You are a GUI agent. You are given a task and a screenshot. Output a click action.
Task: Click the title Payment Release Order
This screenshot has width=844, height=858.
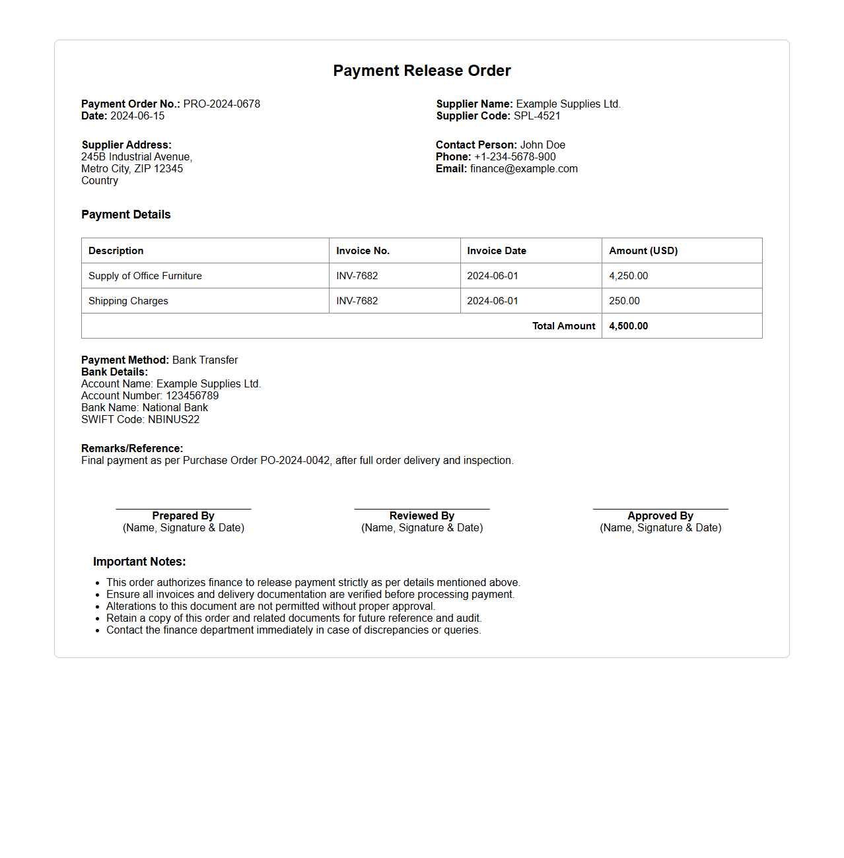coord(421,71)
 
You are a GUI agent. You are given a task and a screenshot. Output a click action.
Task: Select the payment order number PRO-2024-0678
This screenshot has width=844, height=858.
coord(221,104)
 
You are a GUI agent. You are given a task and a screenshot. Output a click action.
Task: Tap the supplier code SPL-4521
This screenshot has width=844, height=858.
coord(537,115)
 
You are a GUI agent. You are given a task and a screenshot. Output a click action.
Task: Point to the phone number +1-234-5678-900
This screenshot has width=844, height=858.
coord(514,156)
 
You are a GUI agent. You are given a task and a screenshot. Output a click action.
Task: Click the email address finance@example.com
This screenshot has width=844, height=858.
coord(524,168)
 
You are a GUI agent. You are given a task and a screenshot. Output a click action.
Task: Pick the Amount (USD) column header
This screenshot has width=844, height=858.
coord(643,251)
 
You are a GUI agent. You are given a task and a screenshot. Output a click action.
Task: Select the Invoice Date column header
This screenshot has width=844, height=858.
coord(497,251)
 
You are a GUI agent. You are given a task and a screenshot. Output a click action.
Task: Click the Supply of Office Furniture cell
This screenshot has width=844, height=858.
coord(145,276)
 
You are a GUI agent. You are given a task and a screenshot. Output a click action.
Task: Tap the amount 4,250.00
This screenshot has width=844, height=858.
coord(628,276)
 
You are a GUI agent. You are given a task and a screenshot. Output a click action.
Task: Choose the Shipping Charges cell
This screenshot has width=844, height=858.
coord(128,301)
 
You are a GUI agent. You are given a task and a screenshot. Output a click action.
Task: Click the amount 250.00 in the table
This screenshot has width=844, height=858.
coord(624,301)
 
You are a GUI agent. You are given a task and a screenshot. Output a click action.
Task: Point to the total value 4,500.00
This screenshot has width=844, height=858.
coord(628,326)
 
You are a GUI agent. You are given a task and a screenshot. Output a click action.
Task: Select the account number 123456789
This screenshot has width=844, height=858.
coord(192,395)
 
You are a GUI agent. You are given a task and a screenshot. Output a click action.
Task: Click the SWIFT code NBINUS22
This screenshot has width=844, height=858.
coord(174,419)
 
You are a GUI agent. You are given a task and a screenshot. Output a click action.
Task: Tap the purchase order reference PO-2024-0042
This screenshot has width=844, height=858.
coord(295,460)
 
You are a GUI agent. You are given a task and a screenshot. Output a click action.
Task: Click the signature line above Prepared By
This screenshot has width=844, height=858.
coord(184,509)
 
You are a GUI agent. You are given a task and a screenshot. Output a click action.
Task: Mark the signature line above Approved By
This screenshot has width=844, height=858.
coord(660,509)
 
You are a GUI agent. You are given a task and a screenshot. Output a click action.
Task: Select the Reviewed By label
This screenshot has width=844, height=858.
coord(422,515)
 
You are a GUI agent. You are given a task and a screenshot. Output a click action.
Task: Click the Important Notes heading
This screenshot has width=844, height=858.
coord(139,562)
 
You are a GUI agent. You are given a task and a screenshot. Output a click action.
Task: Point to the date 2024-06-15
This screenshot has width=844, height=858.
coord(137,115)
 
